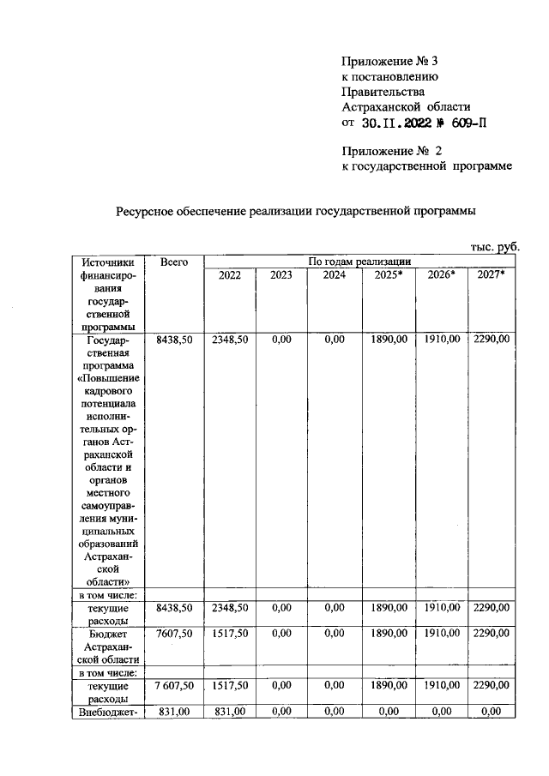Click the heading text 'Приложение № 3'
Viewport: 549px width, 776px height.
383,61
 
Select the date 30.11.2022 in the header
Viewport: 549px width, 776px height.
401,123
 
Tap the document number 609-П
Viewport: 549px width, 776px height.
465,123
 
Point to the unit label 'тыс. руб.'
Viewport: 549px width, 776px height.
495,247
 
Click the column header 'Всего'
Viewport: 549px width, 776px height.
174,262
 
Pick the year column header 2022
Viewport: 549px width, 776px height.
229,275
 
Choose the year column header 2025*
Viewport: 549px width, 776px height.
389,275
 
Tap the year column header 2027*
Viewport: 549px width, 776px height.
491,275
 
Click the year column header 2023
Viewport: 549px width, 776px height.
281,275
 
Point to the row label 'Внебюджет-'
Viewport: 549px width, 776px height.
110,711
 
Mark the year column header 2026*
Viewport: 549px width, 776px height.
440,275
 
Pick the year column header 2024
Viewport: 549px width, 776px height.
334,275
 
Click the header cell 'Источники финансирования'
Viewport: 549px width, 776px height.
110,292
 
